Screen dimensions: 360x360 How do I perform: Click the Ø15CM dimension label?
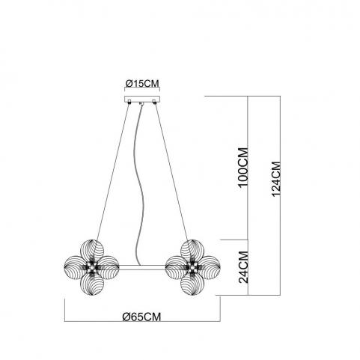(142, 83)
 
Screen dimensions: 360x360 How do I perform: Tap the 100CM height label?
(243, 167)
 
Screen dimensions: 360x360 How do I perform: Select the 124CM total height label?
(276, 179)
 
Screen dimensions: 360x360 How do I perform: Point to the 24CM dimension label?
(244, 267)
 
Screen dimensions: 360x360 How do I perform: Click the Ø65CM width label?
(141, 317)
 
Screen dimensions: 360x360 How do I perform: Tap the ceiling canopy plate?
(142, 99)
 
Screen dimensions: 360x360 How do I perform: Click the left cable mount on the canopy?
(129, 102)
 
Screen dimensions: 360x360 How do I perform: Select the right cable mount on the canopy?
(154, 102)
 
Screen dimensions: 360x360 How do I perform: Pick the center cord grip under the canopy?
(142, 103)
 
